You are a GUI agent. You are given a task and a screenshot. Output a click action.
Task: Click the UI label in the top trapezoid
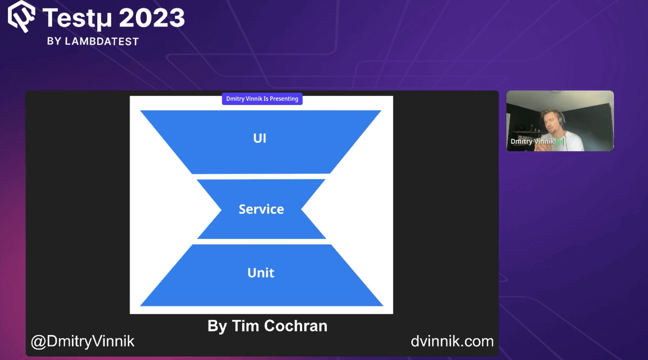pos(260,138)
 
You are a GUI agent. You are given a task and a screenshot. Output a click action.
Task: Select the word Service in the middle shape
pos(261,209)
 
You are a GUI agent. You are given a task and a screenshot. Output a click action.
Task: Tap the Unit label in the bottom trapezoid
pos(261,273)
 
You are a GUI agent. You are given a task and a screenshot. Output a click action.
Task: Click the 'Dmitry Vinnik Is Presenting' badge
pos(262,99)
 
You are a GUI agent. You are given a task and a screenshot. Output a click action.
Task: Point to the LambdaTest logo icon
pos(21,16)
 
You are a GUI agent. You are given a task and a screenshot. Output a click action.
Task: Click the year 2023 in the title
pos(152,17)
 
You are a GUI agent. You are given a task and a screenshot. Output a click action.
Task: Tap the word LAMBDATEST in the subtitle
pos(102,41)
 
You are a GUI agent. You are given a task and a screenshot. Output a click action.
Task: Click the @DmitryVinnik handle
pos(83,341)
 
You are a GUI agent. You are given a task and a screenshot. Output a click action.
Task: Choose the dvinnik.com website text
pos(452,341)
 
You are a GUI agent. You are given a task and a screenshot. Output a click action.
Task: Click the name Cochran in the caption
pos(296,326)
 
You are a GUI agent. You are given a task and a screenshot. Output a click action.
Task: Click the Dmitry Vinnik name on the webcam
pos(532,141)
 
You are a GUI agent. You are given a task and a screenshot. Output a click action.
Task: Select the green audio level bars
pos(560,141)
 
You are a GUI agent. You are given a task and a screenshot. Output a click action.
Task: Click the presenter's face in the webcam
pos(551,123)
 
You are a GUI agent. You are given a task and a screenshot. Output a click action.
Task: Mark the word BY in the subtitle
pos(54,41)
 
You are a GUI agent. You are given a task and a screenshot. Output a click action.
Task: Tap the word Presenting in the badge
pos(284,99)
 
